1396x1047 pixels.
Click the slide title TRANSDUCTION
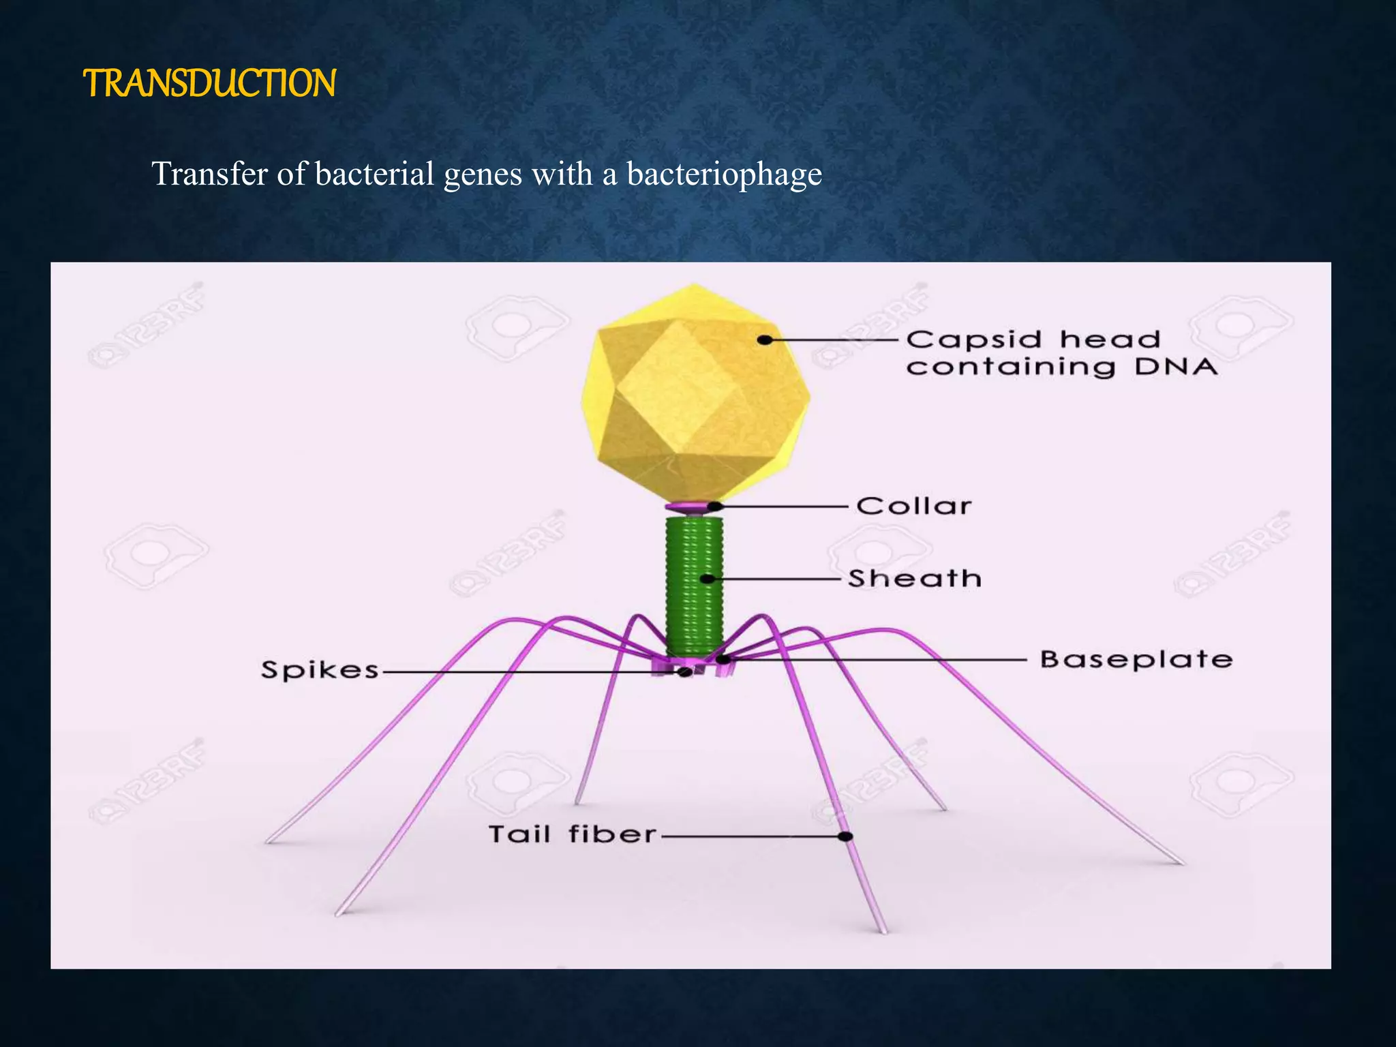tap(209, 83)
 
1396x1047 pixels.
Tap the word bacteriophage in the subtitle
tap(724, 174)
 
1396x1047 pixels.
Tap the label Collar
tap(913, 506)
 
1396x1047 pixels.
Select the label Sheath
tap(914, 579)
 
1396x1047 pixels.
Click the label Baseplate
tap(1136, 660)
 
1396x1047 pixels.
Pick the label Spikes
tap(320, 670)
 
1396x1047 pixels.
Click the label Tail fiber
tap(572, 834)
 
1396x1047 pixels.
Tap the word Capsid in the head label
tap(974, 339)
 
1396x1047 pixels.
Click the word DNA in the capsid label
tap(1176, 367)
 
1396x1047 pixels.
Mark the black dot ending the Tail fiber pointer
tap(845, 836)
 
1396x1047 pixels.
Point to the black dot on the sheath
tap(708, 579)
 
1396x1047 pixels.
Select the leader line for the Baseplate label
tap(879, 660)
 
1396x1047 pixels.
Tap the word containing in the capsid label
tap(1010, 367)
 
